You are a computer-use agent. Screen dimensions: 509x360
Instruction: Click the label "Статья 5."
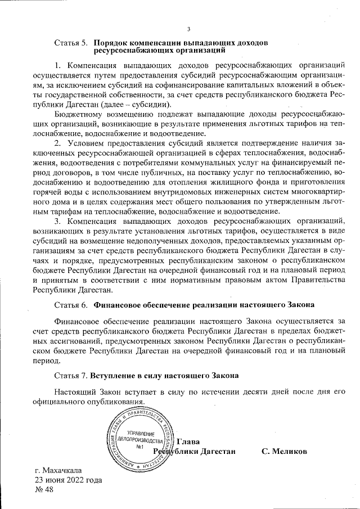(x=71, y=42)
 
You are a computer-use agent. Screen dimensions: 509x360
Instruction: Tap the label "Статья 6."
(x=71, y=305)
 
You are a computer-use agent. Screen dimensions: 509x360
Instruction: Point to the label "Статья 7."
(x=71, y=375)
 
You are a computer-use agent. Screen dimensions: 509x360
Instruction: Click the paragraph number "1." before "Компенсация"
(x=58, y=65)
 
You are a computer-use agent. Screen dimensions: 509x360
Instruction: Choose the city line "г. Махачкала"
(x=58, y=470)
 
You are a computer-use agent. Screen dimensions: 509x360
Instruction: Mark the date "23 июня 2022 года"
(x=69, y=480)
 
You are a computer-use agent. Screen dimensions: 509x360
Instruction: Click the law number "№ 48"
(x=44, y=490)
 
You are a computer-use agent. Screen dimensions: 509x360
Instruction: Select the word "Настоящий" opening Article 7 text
(x=76, y=391)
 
